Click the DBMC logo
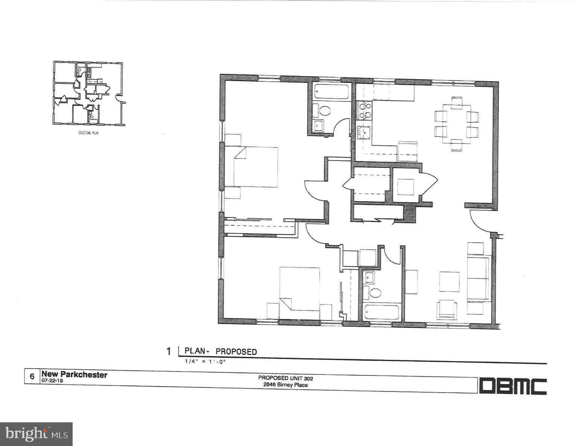[513, 386]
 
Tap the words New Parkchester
[74, 375]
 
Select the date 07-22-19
[52, 381]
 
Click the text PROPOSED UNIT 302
[285, 378]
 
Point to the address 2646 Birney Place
[285, 385]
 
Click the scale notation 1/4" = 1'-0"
[205, 362]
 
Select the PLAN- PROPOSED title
[221, 351]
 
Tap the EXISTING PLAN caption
[88, 133]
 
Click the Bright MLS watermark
[36, 434]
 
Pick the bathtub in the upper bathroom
[331, 92]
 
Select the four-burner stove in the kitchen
[364, 111]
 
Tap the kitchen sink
[364, 132]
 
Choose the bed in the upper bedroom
[256, 167]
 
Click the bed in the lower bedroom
[300, 288]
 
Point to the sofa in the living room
[478, 278]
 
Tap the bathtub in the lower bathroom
[381, 312]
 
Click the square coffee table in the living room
[449, 282]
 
